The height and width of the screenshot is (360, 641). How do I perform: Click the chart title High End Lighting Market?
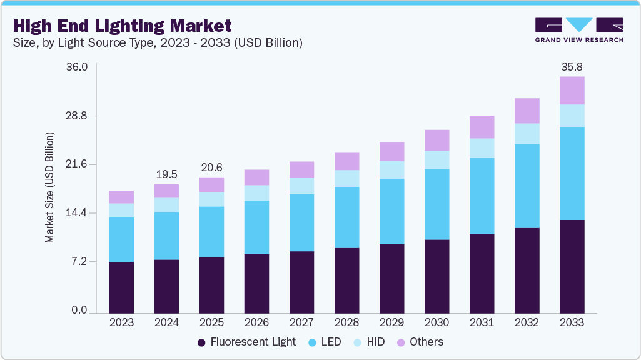[122, 26]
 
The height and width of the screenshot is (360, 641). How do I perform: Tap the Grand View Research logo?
[578, 30]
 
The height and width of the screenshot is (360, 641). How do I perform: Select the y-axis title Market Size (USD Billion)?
[49, 187]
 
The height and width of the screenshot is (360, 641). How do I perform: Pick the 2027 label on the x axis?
[301, 322]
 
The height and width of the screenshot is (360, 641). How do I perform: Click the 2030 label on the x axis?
[437, 322]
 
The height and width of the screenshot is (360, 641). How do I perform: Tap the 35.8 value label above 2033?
[572, 66]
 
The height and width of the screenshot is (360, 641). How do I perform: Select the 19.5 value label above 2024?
[166, 174]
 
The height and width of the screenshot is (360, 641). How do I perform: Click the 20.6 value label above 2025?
[211, 167]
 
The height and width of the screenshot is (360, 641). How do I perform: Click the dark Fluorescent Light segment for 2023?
[121, 287]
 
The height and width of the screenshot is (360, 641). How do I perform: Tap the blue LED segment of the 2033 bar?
[572, 173]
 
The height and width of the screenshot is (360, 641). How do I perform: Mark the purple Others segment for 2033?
[572, 91]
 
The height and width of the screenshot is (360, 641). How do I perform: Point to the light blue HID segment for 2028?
[346, 178]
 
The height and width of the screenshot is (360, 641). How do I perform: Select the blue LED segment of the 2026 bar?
[256, 227]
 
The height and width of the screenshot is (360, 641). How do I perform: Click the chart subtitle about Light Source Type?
[157, 43]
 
